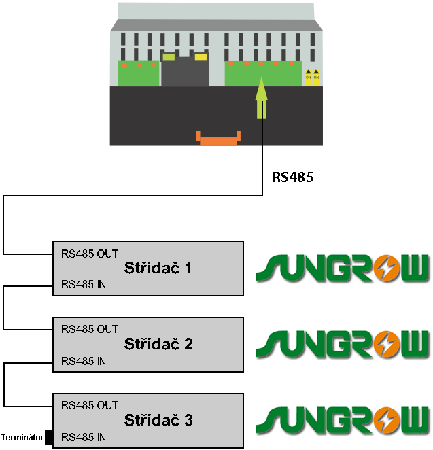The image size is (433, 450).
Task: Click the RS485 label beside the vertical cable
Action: (294, 177)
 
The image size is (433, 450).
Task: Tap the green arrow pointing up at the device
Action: (262, 99)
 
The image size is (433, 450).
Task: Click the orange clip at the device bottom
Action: (218, 138)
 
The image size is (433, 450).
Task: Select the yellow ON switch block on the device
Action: (312, 75)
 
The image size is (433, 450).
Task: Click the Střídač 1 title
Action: (158, 268)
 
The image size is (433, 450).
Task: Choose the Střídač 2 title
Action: (158, 344)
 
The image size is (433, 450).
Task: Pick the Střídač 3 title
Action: (158, 420)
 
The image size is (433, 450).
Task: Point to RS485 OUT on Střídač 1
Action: (90, 254)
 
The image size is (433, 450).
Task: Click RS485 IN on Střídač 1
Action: (84, 283)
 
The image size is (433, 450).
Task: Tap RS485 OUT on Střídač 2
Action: (90, 330)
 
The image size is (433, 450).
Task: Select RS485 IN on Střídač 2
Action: (84, 360)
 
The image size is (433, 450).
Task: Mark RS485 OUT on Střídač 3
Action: (90, 406)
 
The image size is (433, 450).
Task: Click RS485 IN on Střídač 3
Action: (84, 436)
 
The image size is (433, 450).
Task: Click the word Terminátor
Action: (22, 437)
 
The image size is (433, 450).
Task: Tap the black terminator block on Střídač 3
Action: (49, 437)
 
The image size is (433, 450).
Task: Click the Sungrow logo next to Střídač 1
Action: (343, 268)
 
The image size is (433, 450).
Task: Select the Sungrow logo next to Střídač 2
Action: (343, 345)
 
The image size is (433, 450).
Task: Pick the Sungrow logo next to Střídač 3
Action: (343, 421)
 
